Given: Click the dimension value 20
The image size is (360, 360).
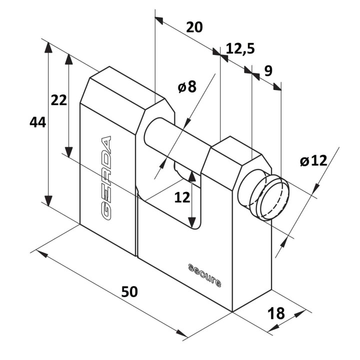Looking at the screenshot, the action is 194,27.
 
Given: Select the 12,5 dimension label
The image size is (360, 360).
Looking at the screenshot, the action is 240,48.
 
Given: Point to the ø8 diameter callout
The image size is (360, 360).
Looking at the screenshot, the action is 187,86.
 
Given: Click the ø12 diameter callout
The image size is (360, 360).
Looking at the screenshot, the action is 313,160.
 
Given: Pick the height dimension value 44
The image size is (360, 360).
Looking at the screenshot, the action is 38,122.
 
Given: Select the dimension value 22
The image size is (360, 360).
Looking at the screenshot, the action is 59,100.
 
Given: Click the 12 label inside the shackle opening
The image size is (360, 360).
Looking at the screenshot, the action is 182,197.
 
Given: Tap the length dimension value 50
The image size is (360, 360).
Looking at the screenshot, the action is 129,291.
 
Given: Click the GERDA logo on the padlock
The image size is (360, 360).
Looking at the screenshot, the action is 106,178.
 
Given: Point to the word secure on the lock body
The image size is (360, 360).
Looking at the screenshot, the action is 204,275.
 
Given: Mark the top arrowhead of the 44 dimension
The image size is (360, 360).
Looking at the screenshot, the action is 48,47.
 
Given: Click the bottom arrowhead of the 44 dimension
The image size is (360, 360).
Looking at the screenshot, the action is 48,201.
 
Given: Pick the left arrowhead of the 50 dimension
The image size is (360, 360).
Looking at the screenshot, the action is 42,253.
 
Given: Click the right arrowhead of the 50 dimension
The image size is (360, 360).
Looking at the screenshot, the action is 182,333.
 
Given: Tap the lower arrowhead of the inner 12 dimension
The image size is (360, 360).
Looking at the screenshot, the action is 192,222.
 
